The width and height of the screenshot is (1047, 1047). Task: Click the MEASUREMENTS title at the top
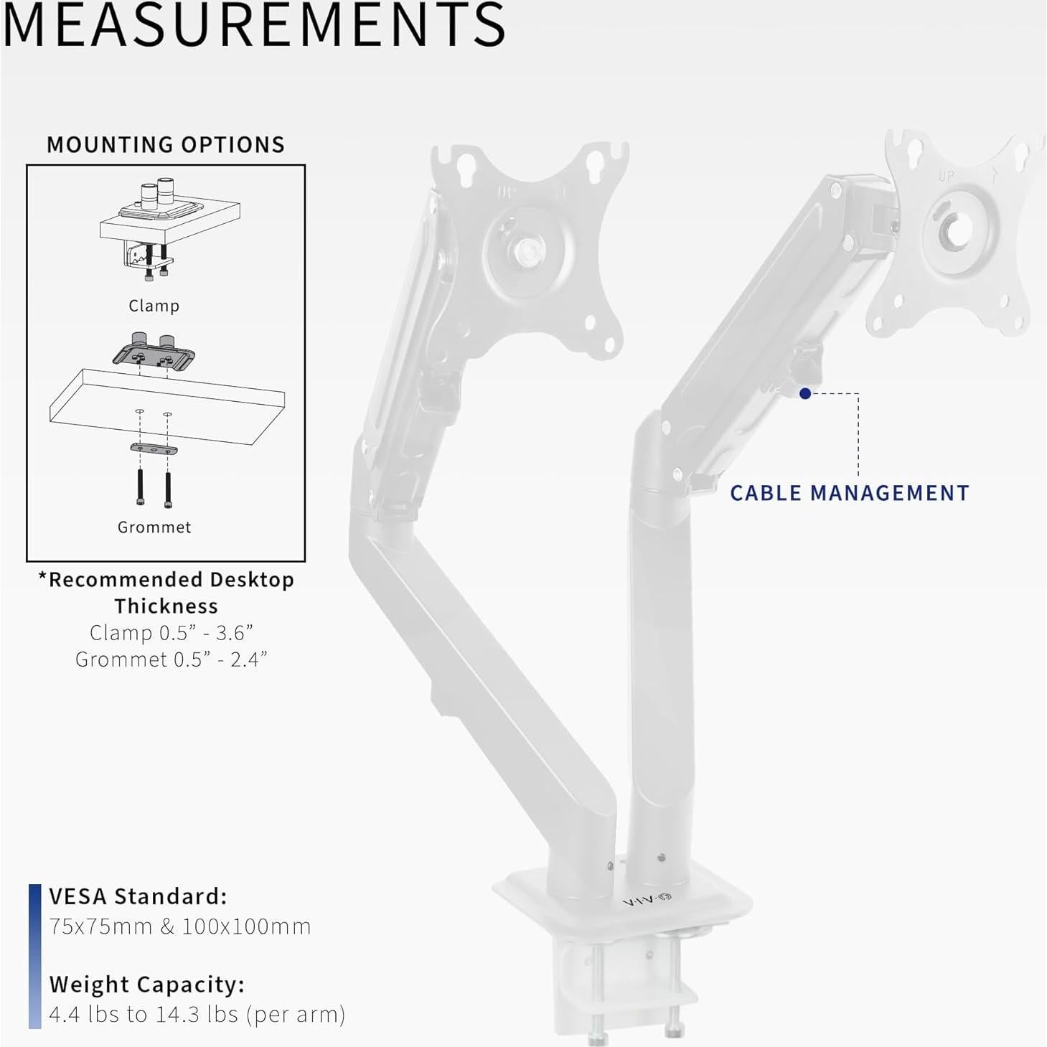pyautogui.click(x=253, y=24)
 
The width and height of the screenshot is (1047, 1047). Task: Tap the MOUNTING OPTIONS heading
pyautogui.click(x=166, y=145)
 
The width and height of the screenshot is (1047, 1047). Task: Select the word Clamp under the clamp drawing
pyautogui.click(x=154, y=306)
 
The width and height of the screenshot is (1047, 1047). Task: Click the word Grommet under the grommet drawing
pyautogui.click(x=154, y=527)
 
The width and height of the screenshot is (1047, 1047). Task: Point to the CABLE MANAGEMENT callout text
pyautogui.click(x=850, y=493)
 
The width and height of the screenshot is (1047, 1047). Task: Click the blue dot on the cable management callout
pyautogui.click(x=805, y=393)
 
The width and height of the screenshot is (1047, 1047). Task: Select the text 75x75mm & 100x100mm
pyautogui.click(x=180, y=926)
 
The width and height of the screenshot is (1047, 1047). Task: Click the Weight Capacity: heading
pyautogui.click(x=147, y=985)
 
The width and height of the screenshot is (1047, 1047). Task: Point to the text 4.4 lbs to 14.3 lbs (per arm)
pyautogui.click(x=197, y=1015)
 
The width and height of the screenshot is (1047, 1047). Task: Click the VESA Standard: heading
pyautogui.click(x=138, y=896)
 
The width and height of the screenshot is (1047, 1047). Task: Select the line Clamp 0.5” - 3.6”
pyautogui.click(x=171, y=633)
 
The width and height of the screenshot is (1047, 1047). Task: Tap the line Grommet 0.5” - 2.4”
pyautogui.click(x=171, y=659)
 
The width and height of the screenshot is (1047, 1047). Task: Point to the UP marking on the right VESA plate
pyautogui.click(x=947, y=176)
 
